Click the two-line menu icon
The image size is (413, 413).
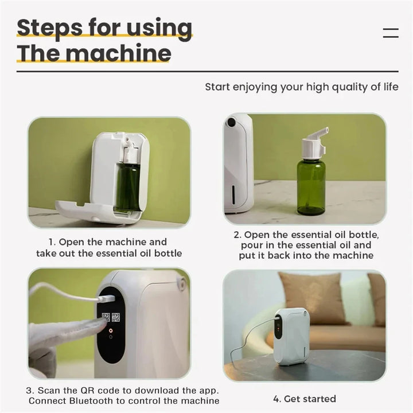pyautogui.click(x=390, y=33)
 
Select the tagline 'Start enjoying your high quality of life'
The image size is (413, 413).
pyautogui.click(x=302, y=87)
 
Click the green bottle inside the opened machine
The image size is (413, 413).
pyautogui.click(x=127, y=186)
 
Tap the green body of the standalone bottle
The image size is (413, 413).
pyautogui.click(x=311, y=186)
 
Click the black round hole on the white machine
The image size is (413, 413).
pyautogui.click(x=231, y=122)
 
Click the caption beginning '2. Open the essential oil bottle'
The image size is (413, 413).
pyautogui.click(x=306, y=245)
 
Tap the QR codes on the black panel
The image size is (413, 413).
pyautogui.click(x=111, y=317)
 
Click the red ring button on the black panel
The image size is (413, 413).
pyautogui.click(x=111, y=330)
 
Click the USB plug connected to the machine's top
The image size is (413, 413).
pyautogui.click(x=106, y=299)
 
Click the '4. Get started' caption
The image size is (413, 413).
pyautogui.click(x=305, y=399)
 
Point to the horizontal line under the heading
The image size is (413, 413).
pyautogui.click(x=207, y=71)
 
